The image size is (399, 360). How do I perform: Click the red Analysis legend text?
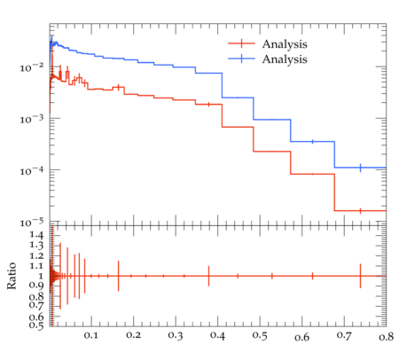coord(285,44)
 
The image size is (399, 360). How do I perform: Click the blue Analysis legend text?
coord(285,59)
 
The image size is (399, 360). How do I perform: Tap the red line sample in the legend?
coord(241,43)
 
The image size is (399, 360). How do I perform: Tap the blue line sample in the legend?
coord(241,59)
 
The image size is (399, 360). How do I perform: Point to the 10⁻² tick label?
coord(31,67)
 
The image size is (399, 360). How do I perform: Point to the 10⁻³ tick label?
coord(31,119)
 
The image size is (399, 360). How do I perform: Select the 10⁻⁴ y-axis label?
coord(31,170)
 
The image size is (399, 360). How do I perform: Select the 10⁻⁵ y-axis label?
coord(31,222)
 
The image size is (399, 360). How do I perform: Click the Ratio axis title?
coord(12,276)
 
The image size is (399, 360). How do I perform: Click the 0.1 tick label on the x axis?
coord(91,335)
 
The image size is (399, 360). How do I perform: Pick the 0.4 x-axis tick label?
coord(217,335)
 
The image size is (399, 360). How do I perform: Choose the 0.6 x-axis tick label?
coord(301,337)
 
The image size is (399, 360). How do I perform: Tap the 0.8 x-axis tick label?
coord(386,337)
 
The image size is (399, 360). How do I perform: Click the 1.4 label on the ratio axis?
coord(36,235)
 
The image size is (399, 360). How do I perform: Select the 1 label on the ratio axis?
coord(41,276)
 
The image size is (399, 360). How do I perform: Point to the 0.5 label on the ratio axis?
coord(36,325)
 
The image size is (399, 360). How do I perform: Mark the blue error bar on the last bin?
coord(360,168)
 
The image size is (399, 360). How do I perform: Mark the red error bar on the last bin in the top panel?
coord(360,211)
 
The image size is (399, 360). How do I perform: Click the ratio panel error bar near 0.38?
coord(208,276)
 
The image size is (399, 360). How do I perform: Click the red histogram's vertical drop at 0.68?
coord(334,192)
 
